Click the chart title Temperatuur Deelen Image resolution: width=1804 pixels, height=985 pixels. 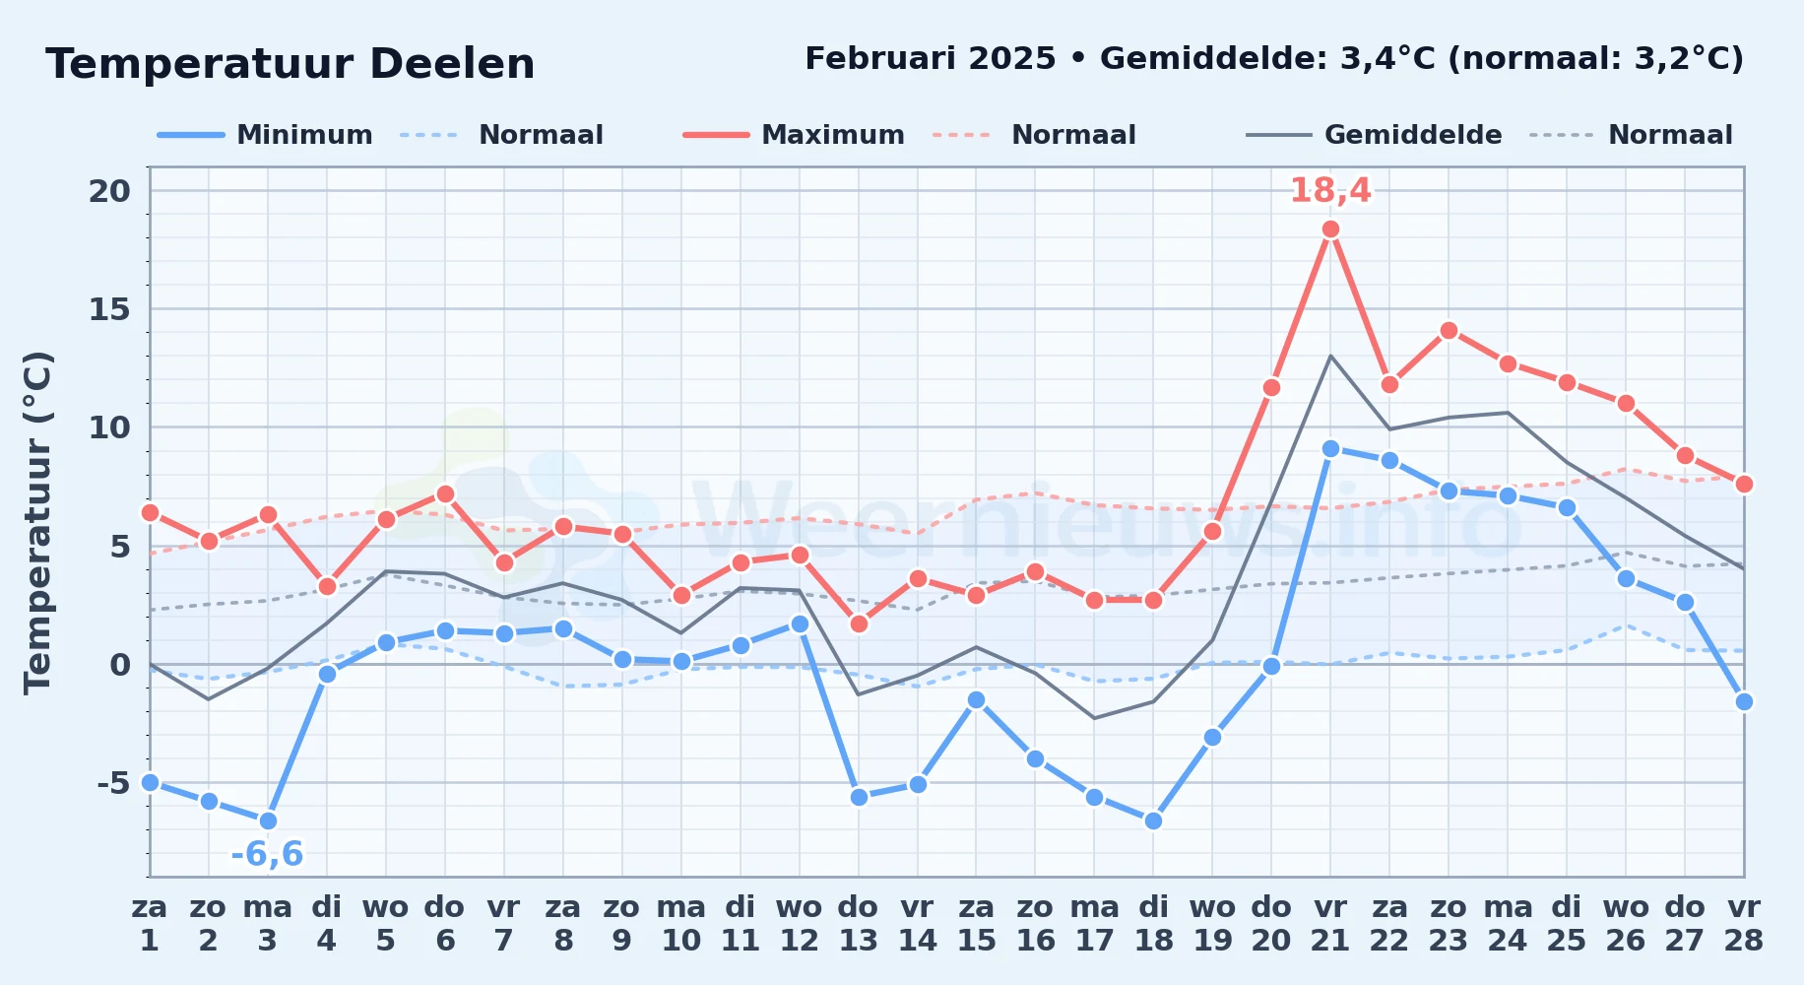pos(290,64)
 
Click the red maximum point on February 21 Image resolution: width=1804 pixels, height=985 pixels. pos(1330,230)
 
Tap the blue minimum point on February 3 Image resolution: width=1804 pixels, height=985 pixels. pos(268,821)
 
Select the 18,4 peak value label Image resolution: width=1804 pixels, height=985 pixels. pos(1330,190)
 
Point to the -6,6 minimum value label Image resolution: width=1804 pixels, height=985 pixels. pos(267,854)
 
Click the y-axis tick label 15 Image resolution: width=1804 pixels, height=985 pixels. pos(109,309)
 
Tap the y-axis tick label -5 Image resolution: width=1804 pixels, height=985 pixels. pos(113,783)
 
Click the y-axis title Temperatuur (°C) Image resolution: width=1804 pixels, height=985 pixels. pos(37,522)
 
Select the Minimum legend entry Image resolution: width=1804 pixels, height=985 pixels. pos(265,135)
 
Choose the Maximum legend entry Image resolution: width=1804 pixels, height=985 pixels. pos(794,135)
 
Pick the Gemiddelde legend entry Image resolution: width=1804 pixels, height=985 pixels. pos(1374,135)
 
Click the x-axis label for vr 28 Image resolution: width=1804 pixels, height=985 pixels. pos(1744,924)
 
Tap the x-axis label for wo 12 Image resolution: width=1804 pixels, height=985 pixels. pos(800,924)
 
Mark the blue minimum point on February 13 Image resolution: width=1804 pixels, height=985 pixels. pos(859,797)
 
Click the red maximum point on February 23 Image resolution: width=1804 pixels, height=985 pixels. pos(1449,331)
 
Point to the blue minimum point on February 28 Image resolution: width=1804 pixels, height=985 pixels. pos(1744,701)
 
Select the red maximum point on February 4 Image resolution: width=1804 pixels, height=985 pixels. pos(327,586)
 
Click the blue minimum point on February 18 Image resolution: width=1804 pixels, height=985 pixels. pos(1153,821)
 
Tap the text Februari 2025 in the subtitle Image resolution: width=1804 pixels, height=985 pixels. pos(931,59)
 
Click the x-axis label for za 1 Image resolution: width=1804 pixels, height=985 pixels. pos(150,924)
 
